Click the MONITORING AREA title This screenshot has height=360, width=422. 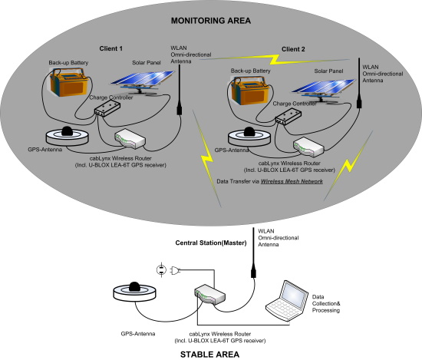211,21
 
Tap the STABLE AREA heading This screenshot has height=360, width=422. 209,355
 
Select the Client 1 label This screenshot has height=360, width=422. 111,48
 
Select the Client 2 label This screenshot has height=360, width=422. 293,49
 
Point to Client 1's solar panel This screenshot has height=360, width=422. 143,81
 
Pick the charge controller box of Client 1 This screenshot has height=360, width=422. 107,108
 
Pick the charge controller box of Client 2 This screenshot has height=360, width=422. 288,117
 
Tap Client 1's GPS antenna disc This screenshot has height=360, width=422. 67,136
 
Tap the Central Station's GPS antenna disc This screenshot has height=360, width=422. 134,292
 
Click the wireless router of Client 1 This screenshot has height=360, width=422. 130,139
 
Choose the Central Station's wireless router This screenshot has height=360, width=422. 209,294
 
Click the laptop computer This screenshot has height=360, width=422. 287,301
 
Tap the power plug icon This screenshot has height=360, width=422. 175,270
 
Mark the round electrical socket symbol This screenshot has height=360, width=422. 161,269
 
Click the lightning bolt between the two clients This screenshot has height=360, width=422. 275,60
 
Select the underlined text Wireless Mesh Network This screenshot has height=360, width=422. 292,181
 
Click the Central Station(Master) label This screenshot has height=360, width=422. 211,243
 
